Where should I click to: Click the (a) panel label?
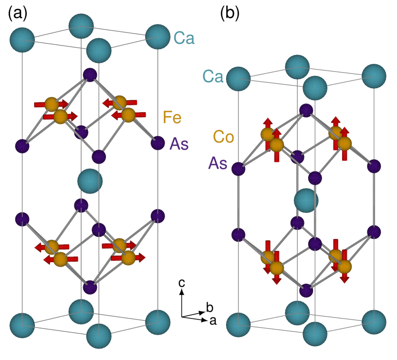17,14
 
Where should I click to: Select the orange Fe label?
172,117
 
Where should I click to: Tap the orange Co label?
223,137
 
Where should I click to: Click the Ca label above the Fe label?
184,38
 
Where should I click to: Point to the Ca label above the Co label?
213,76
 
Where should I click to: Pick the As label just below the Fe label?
179,144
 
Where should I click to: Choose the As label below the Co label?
217,164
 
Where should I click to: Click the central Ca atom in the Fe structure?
90,181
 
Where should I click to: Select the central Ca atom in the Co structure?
306,200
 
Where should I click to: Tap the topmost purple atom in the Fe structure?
90,75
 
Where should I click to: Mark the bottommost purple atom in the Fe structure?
90,288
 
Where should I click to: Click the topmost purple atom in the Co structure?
306,111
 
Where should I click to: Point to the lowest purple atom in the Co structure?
306,290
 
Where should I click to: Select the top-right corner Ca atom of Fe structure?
157,37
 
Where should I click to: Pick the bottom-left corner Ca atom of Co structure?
238,325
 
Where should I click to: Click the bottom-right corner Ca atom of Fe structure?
157,322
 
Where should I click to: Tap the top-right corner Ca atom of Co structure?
374,76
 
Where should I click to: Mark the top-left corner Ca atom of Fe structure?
22,40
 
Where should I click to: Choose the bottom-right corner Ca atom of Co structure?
374,322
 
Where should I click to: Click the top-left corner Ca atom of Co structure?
238,79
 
